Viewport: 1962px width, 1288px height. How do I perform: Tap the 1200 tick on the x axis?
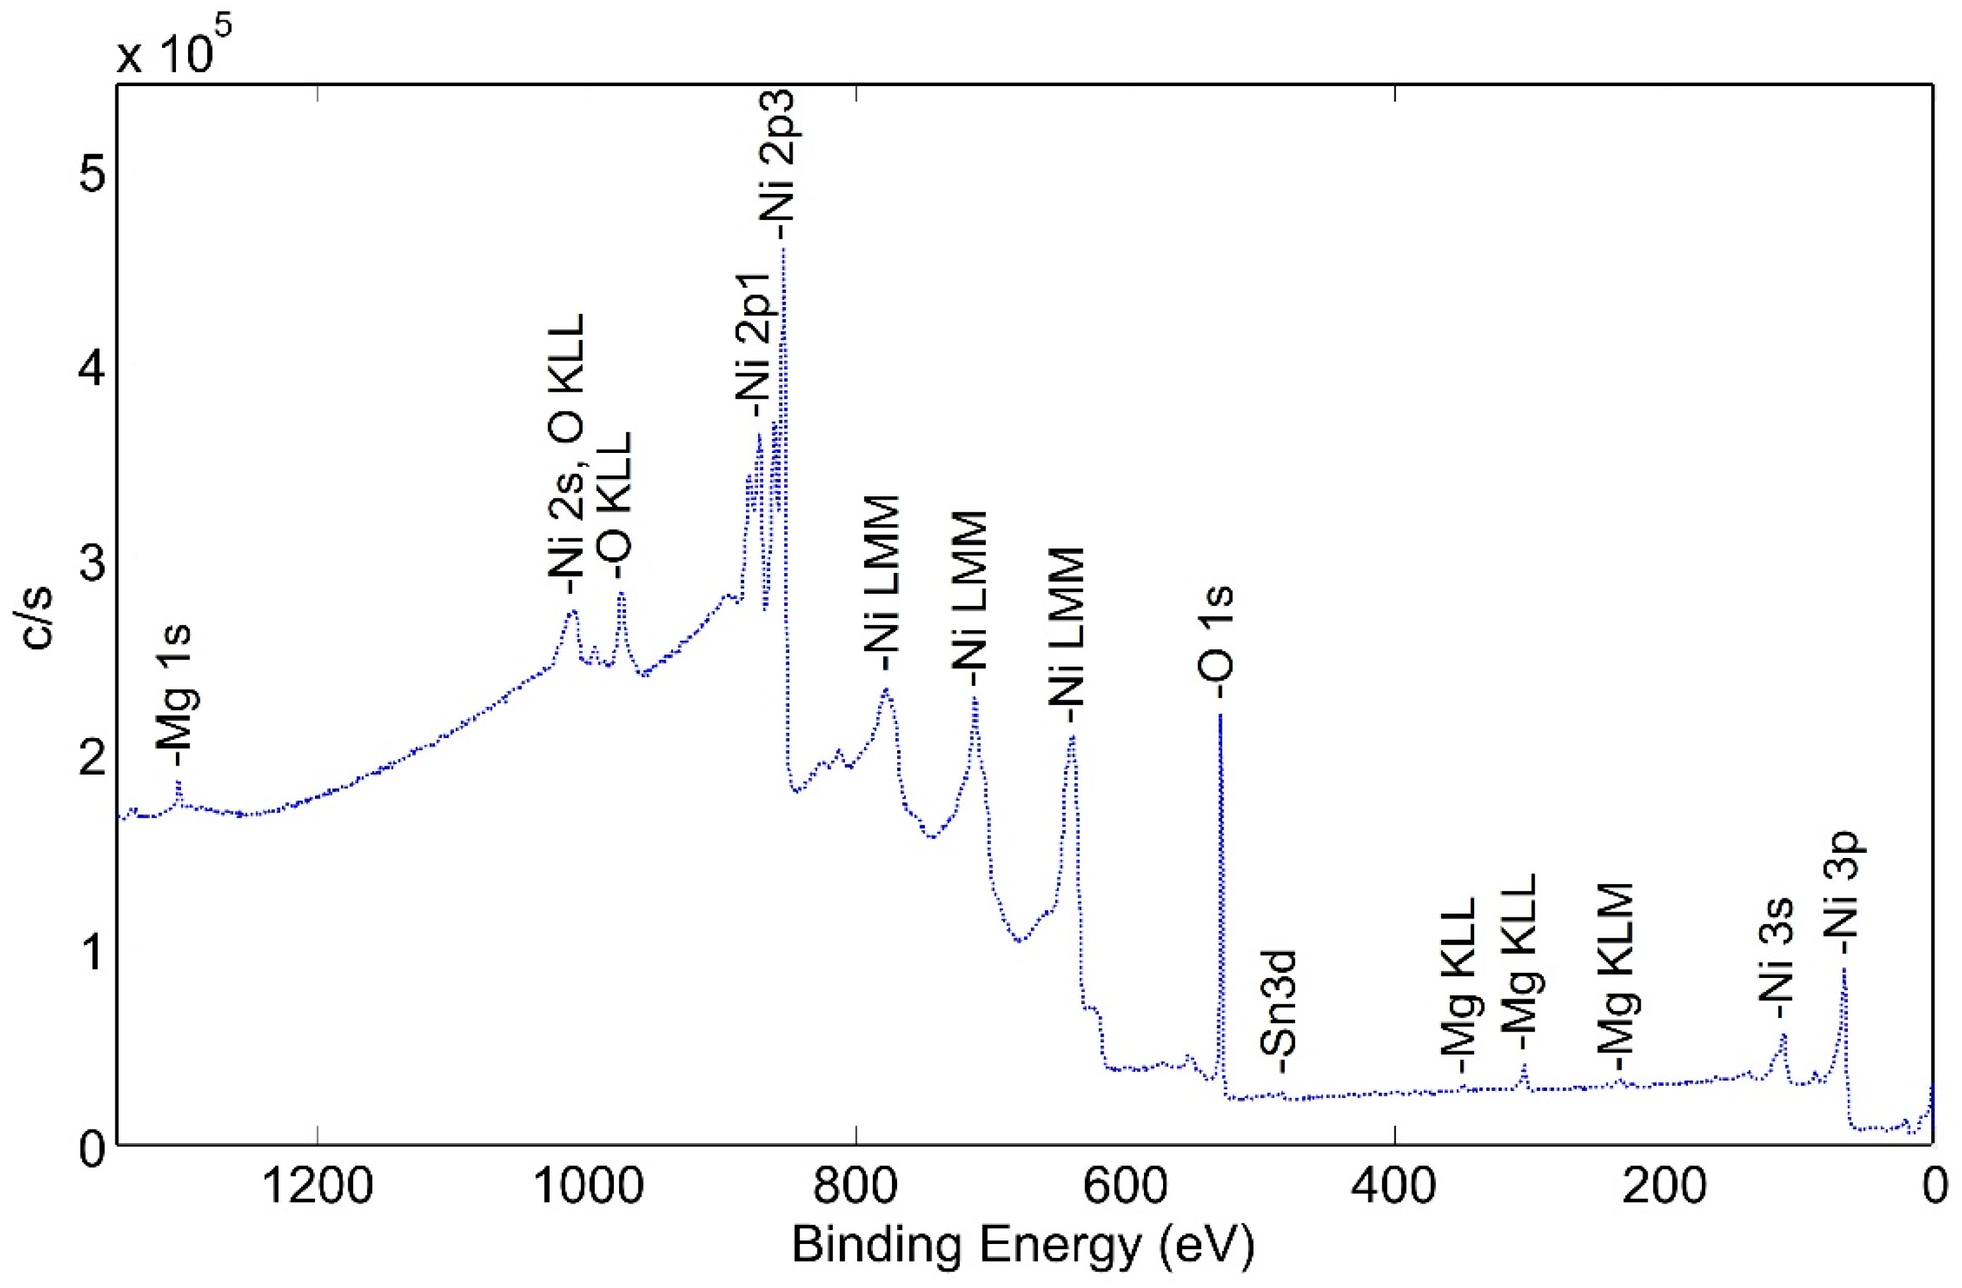point(316,1188)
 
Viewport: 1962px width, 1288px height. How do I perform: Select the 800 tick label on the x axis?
point(856,1188)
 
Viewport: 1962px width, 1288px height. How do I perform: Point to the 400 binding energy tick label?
point(1394,1188)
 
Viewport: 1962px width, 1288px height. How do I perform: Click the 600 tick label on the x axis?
point(1124,1188)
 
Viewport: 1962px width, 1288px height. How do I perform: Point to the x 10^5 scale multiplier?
point(173,48)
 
